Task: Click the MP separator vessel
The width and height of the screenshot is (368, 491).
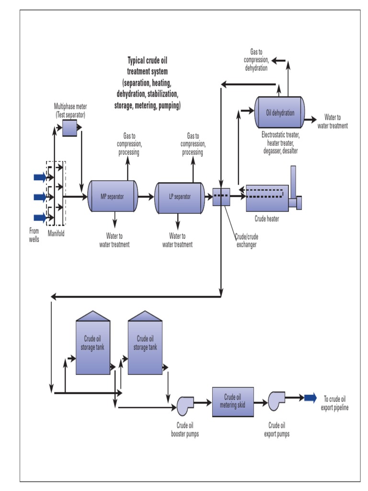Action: [x=113, y=196]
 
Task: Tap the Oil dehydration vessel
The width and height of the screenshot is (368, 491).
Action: [x=280, y=113]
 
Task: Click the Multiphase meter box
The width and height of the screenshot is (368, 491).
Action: [x=70, y=128]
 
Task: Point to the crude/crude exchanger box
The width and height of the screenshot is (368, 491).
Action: [x=221, y=197]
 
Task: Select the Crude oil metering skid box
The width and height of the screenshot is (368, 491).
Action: [x=233, y=400]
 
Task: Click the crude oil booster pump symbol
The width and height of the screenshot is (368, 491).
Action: [x=184, y=404]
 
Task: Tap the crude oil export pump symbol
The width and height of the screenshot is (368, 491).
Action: [x=276, y=401]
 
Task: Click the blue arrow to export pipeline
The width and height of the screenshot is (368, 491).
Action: [x=310, y=397]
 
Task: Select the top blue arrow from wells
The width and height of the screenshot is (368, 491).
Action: [x=40, y=177]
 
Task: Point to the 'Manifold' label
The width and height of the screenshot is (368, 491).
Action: [x=56, y=234]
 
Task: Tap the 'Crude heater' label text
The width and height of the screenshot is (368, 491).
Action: [x=266, y=219]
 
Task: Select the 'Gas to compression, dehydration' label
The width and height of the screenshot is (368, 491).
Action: [x=256, y=60]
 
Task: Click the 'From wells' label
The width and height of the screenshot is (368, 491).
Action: [x=34, y=234]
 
